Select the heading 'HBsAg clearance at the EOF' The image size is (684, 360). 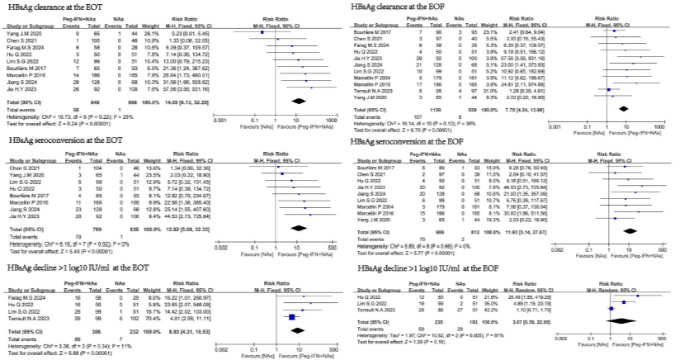point(402,6)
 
